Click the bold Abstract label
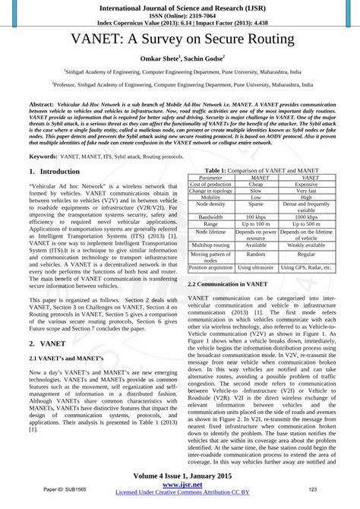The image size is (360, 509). (42, 102)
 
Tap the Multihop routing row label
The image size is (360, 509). (210, 267)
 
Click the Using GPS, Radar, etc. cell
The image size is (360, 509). (306, 289)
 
